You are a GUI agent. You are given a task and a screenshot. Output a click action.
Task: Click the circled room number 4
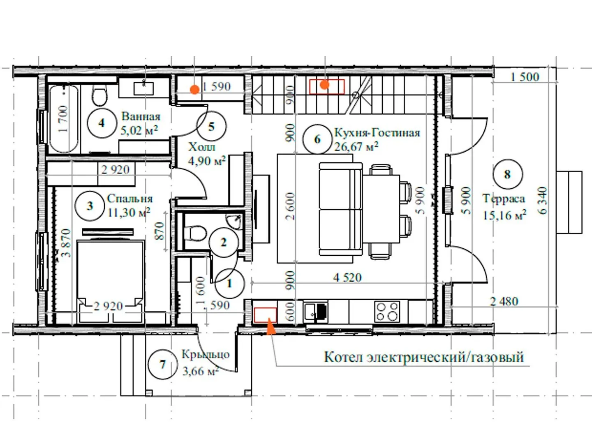[x=102, y=123]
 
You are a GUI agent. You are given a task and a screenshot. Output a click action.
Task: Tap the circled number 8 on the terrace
[x=508, y=174]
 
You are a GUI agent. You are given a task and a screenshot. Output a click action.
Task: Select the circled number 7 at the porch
[x=163, y=365]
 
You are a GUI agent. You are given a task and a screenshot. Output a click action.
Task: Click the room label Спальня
[x=130, y=199]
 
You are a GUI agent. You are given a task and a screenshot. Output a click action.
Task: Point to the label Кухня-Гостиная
[x=377, y=133]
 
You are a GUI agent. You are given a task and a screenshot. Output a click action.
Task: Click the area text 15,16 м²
[x=504, y=215]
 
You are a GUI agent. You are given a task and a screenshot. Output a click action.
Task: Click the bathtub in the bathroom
[x=64, y=119]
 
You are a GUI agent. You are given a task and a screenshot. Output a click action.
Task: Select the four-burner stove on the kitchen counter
[x=387, y=311]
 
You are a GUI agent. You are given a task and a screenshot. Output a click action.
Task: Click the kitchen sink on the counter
[x=315, y=312]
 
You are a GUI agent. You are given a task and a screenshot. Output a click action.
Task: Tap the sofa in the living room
[x=341, y=209]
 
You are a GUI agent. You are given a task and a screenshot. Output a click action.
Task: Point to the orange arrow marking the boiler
[x=271, y=326]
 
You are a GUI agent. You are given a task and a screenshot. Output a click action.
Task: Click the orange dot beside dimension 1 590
[x=194, y=90]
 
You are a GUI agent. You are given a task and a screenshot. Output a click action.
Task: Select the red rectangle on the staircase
[x=326, y=86]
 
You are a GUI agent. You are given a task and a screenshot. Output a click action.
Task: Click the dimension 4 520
[x=347, y=277]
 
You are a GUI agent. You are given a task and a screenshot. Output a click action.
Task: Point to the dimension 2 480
[x=504, y=301]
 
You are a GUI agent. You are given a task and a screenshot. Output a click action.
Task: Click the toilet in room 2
[x=195, y=233]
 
